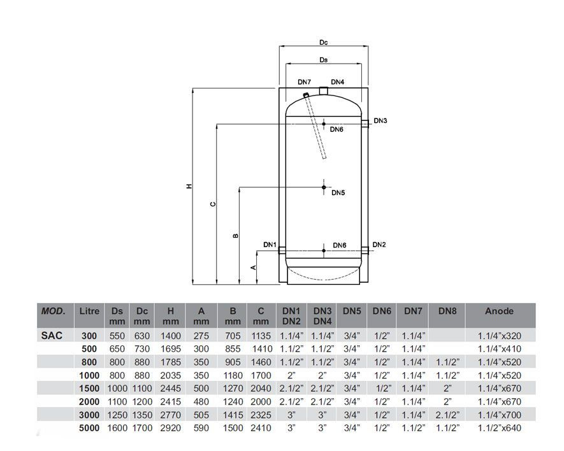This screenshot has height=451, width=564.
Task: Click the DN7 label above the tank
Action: click(x=304, y=82)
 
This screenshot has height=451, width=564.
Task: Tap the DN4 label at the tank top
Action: click(x=337, y=82)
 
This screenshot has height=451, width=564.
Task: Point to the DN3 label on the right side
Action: click(x=380, y=120)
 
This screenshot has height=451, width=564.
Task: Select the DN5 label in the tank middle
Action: click(x=338, y=193)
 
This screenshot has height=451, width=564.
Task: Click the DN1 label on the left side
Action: click(x=270, y=245)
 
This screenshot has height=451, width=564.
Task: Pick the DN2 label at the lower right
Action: click(x=379, y=245)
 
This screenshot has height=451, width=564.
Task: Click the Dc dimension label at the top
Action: click(x=323, y=43)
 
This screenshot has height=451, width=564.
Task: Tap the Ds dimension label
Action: click(x=323, y=60)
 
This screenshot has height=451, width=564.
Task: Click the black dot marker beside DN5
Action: click(x=324, y=187)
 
